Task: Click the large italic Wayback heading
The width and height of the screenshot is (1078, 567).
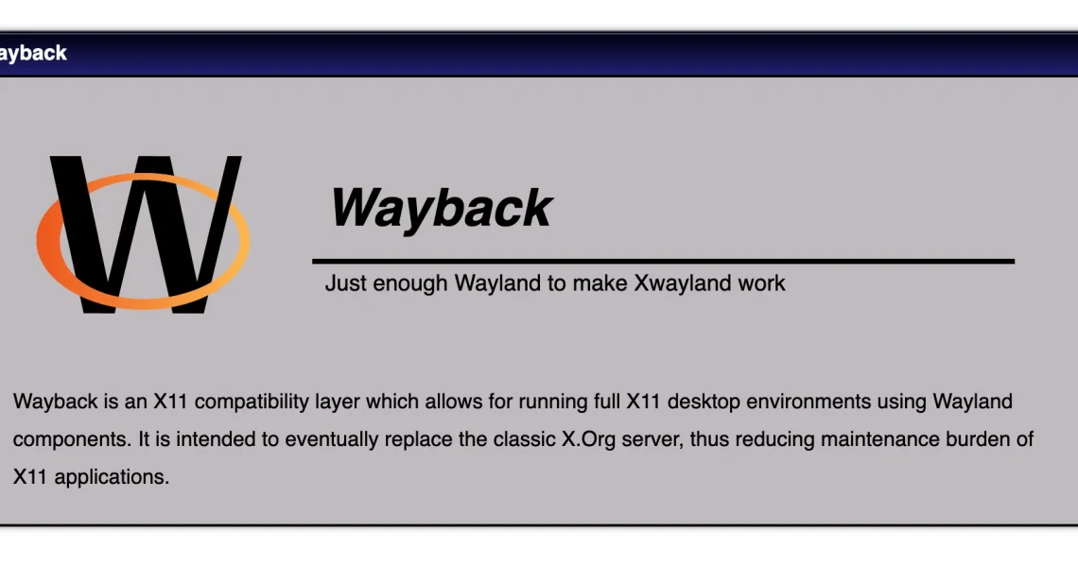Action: pos(442,208)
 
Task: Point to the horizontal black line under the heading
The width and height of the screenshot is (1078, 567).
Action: pos(664,261)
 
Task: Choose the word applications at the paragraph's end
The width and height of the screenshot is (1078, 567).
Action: pos(112,477)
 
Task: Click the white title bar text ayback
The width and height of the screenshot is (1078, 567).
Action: pos(33,54)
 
